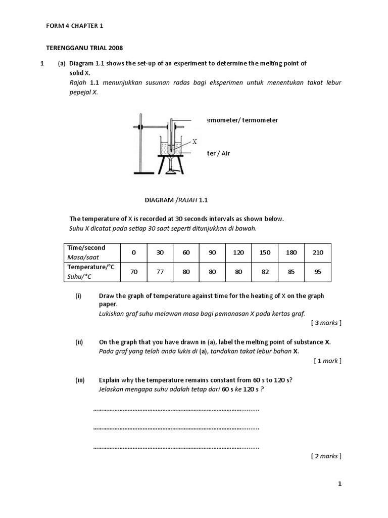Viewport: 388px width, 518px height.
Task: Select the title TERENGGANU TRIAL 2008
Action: tap(84, 48)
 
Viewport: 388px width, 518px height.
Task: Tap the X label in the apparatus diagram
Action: tap(195, 142)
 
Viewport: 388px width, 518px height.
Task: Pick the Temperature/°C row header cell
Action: tap(91, 272)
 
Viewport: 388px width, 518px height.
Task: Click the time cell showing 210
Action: tap(317, 252)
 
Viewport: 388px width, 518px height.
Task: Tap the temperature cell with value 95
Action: tap(317, 272)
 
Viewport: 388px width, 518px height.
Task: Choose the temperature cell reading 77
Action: tap(160, 272)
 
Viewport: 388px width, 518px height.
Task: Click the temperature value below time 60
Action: tap(186, 272)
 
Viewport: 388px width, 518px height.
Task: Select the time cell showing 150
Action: tap(265, 252)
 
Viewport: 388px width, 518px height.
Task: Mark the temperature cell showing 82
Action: tap(265, 272)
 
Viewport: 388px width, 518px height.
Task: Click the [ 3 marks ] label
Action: tap(326, 323)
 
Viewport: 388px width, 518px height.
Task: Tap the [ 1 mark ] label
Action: tap(327, 361)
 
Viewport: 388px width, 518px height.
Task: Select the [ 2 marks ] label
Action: tap(326, 456)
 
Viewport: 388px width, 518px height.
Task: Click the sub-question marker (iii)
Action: tap(80, 380)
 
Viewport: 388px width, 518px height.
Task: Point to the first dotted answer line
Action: tap(176, 409)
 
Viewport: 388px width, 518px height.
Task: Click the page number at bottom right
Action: tap(339, 484)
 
